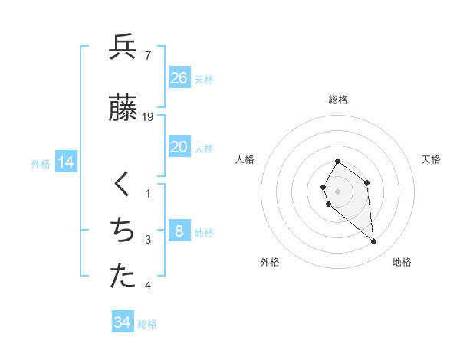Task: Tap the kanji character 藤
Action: (123, 108)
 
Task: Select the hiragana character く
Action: (123, 185)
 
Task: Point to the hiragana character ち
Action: (123, 231)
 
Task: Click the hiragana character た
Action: (123, 277)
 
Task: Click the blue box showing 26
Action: (179, 78)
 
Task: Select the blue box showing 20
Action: (179, 147)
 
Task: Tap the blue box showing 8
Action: (179, 231)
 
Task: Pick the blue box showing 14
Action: (65, 162)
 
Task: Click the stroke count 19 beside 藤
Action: (149, 117)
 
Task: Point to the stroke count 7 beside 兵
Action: (147, 55)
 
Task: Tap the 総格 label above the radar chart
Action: (338, 100)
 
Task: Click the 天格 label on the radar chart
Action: (431, 159)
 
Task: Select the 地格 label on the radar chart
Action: (402, 262)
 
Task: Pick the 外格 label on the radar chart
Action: (270, 262)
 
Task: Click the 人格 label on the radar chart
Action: (245, 159)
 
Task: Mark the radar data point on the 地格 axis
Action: (374, 242)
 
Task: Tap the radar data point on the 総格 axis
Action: (338, 162)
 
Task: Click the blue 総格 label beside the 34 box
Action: (147, 324)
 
